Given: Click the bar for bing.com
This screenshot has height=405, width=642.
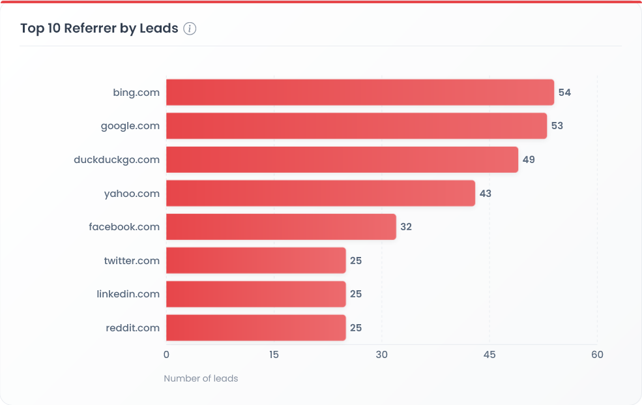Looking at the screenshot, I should [360, 92].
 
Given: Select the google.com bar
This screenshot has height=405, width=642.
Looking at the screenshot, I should [357, 126].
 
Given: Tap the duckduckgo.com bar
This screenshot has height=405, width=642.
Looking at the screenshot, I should [342, 159].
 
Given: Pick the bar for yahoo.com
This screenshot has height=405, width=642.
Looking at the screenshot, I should [321, 193].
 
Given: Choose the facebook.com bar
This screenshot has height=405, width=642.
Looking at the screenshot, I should [281, 227].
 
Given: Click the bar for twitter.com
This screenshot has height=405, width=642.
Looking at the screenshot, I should [255, 260].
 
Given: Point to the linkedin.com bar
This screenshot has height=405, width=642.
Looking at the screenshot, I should [255, 294].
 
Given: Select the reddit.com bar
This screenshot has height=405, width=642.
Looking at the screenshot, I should [255, 327].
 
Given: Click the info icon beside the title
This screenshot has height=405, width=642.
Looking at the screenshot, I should [190, 29].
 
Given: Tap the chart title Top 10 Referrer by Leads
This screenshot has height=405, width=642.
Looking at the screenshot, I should [99, 29].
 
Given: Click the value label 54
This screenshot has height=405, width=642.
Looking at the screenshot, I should [564, 93].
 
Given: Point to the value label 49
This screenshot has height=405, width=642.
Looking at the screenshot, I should [529, 160].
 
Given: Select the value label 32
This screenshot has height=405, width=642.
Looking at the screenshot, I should [406, 227].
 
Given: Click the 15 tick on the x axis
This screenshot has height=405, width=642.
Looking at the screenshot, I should [274, 355].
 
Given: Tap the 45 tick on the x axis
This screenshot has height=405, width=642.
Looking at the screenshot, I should [489, 355].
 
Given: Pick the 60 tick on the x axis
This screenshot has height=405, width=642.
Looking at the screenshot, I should [597, 355].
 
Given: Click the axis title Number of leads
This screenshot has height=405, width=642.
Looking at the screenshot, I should [201, 378].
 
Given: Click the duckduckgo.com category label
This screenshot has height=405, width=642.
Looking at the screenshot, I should [117, 160].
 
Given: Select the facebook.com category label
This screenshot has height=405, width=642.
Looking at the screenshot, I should [124, 227].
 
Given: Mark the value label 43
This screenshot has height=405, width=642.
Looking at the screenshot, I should [485, 194].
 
